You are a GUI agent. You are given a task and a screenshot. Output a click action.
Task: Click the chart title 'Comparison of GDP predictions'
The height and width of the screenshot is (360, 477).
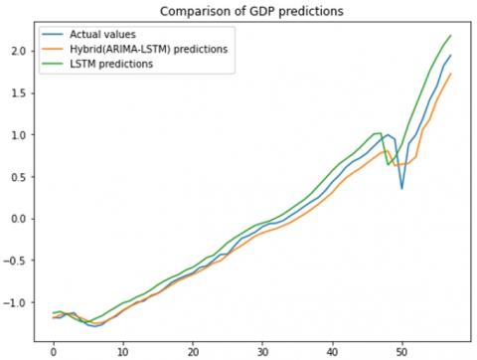click(x=252, y=12)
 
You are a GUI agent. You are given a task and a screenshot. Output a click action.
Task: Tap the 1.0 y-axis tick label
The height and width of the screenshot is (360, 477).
click(x=17, y=134)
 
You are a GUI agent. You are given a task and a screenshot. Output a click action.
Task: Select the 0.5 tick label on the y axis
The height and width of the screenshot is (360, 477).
click(x=17, y=177)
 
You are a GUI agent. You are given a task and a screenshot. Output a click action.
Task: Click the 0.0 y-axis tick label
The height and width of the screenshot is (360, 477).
click(x=17, y=219)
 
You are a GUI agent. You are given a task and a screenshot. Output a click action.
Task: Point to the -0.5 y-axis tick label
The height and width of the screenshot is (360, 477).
click(x=15, y=261)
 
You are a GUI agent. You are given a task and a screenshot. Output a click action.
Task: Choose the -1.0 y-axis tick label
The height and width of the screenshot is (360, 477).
click(x=15, y=302)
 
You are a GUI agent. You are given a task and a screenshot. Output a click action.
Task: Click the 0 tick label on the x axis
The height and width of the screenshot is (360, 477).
click(x=53, y=350)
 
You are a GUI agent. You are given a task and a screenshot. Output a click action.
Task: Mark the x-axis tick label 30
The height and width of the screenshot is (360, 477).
click(x=262, y=350)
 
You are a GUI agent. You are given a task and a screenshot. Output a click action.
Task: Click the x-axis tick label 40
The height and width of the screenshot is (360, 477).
click(x=332, y=350)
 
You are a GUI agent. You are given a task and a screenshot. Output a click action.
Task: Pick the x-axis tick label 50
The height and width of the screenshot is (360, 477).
click(x=401, y=350)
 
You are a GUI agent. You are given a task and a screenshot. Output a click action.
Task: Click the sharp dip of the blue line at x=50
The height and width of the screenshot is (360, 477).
click(x=401, y=188)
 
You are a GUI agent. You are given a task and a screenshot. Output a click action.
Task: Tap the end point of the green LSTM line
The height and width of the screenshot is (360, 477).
click(x=450, y=36)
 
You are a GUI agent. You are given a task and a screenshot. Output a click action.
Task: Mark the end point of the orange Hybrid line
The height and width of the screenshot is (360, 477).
click(x=450, y=74)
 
